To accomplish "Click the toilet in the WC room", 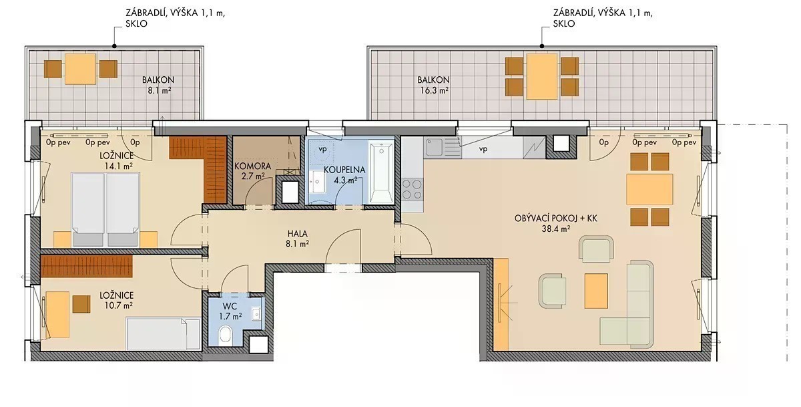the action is tap(226, 335).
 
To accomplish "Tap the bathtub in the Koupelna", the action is tap(381, 172).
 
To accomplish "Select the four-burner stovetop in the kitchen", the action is tap(412, 189).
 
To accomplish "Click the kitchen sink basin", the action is tap(435, 147).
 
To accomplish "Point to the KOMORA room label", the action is tap(252, 166).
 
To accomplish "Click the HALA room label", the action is tap(298, 234).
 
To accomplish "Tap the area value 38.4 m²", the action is tap(555, 229).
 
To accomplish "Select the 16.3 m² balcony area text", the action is tap(434, 91).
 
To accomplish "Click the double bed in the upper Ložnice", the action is tap(105, 210).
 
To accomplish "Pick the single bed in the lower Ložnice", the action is tap(163, 334).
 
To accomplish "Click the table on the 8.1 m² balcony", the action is tap(81, 69).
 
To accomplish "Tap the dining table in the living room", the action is tap(649, 189).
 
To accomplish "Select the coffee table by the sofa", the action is tap(596, 291).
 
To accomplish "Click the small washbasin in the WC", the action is tap(256, 314).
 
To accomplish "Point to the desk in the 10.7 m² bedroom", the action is tap(57, 315).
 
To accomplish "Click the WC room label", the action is tap(230, 306).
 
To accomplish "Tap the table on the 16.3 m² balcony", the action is tap(542, 77).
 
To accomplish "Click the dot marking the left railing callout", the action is tap(114, 46).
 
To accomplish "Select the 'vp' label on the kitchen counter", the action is tap(483, 149).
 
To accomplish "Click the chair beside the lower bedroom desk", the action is tap(81, 304).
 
